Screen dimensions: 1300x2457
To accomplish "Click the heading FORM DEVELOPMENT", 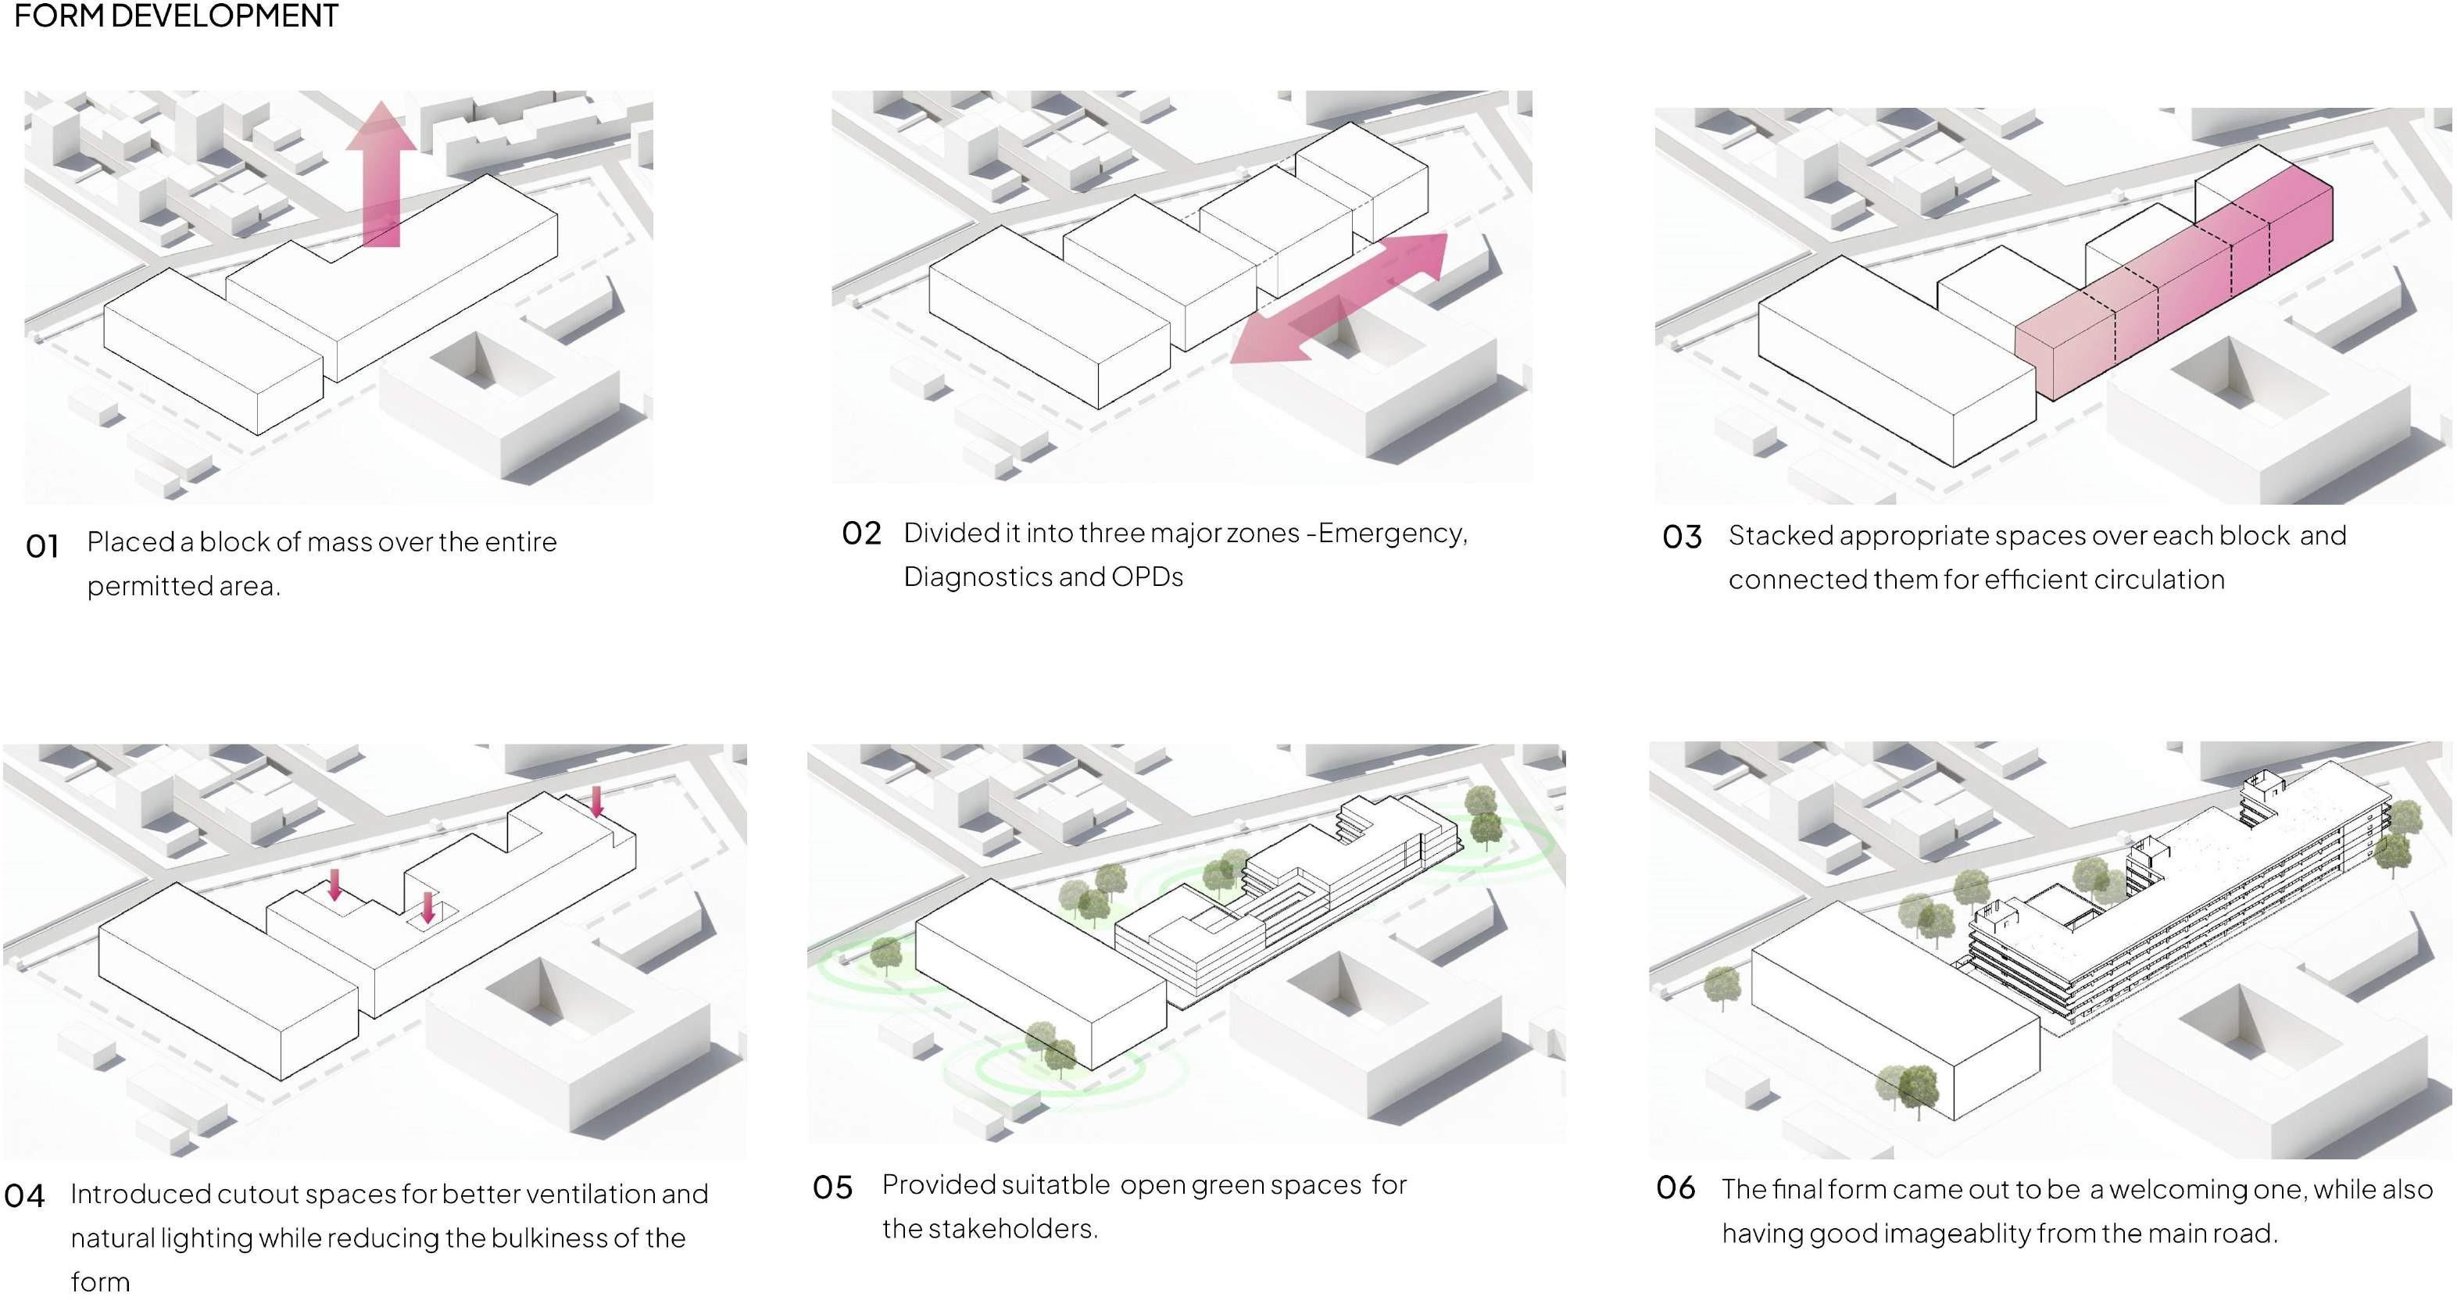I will [176, 16].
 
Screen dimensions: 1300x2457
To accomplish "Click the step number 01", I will [43, 547].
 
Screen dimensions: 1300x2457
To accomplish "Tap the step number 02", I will [861, 533].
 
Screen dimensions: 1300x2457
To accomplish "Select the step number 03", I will [1682, 537].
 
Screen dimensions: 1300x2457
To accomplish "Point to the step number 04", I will [25, 1196].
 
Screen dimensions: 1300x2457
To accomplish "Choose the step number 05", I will [832, 1187].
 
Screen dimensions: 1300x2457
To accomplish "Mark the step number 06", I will [1676, 1187].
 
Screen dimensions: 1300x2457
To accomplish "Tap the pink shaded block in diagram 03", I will [2175, 286].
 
